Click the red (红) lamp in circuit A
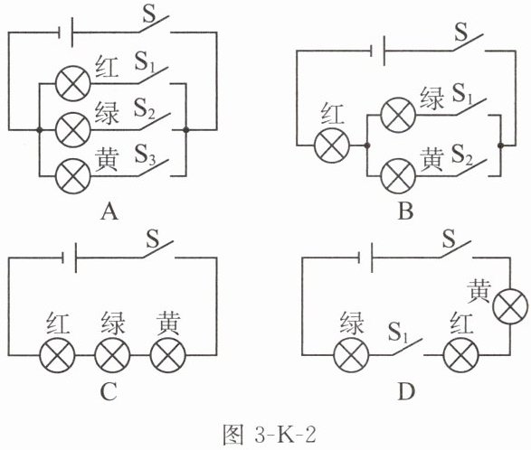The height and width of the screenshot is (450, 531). [x=73, y=83]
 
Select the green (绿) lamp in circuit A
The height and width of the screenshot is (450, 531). [x=73, y=130]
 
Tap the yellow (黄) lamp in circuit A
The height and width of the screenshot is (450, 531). [x=73, y=176]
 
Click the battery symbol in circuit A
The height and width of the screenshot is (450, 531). [x=66, y=33]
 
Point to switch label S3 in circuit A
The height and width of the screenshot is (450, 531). [x=146, y=155]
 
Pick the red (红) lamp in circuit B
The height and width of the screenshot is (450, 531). [x=332, y=145]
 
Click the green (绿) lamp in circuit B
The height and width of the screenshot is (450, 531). [x=398, y=115]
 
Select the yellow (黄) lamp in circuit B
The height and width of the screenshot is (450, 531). [x=398, y=176]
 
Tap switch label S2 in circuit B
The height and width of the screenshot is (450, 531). [x=462, y=155]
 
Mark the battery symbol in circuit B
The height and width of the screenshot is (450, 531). [x=377, y=51]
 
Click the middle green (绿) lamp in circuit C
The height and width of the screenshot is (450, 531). [x=112, y=355]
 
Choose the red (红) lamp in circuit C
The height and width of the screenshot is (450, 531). [x=57, y=355]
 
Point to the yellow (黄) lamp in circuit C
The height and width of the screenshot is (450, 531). [x=168, y=355]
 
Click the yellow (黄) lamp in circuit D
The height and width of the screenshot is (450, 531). [x=510, y=307]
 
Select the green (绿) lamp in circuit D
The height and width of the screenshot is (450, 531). [x=351, y=355]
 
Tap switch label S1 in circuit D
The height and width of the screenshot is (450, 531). [x=399, y=332]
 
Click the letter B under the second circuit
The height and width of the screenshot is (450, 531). [x=405, y=211]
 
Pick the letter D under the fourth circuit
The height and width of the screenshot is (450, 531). [x=406, y=392]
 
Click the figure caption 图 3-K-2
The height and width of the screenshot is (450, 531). [x=270, y=435]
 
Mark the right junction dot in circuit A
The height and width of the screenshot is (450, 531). [x=185, y=130]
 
